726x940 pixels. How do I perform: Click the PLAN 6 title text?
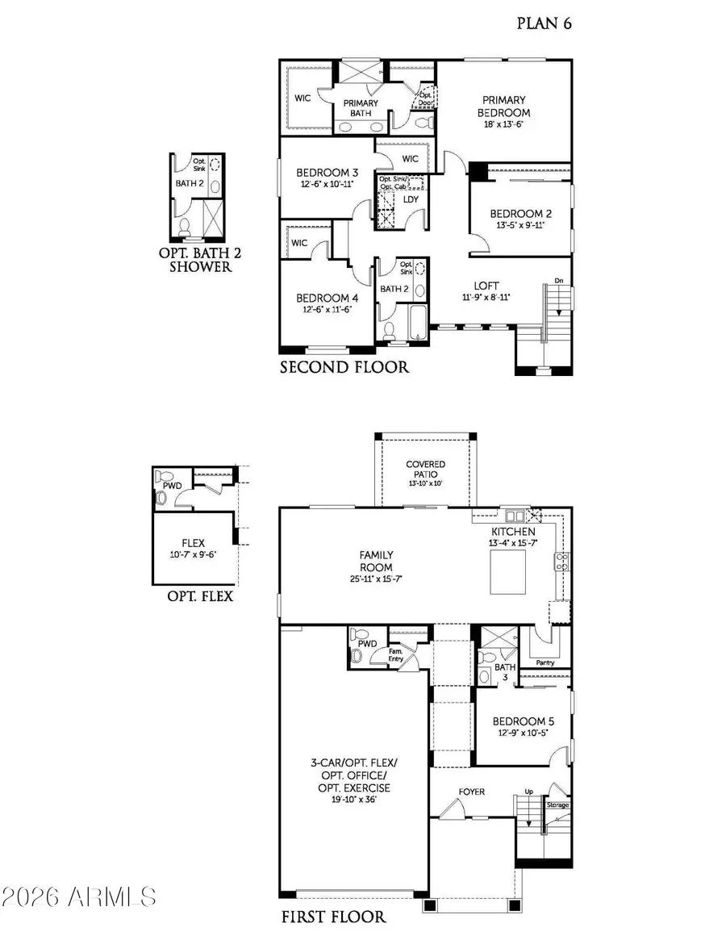tap(544, 23)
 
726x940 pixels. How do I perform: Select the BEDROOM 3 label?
tap(328, 173)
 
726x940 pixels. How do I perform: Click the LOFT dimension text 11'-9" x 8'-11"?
tap(486, 297)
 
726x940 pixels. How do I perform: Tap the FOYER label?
tap(472, 792)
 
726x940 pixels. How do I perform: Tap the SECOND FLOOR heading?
tap(344, 368)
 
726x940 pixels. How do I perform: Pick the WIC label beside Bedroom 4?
tap(300, 242)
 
